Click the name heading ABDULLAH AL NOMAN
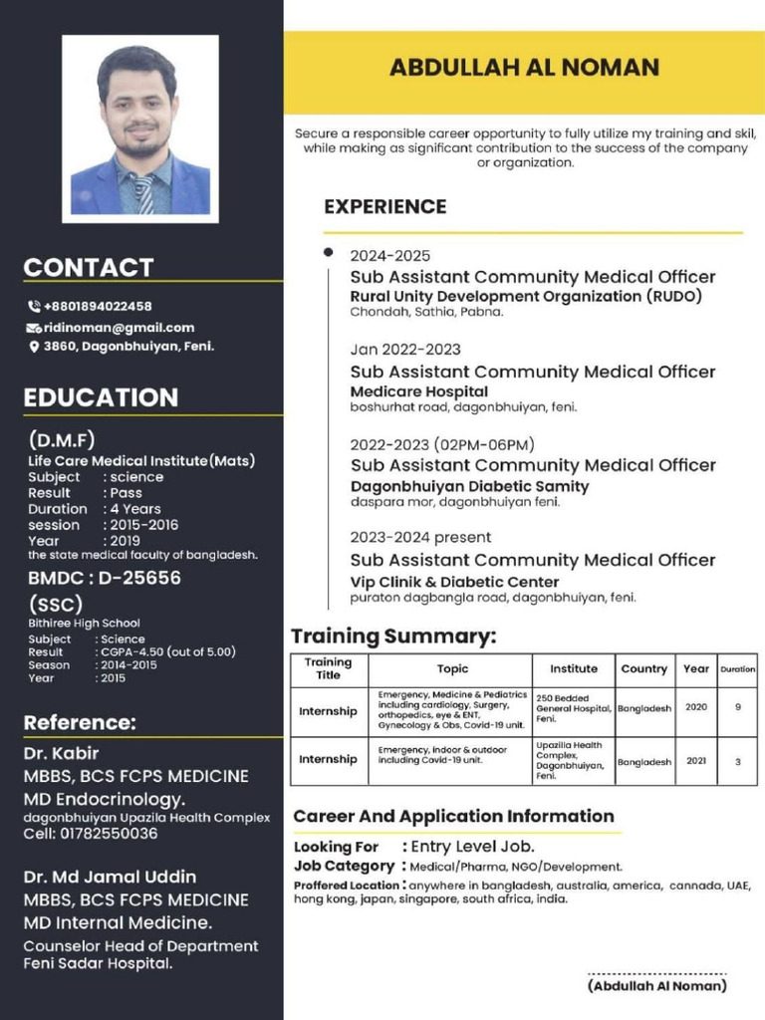click(524, 68)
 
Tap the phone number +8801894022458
click(97, 306)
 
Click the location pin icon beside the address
click(33, 347)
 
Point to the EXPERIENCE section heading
click(384, 207)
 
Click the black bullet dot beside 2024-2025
click(328, 253)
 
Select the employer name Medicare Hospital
click(418, 391)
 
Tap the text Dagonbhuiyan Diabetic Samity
click(469, 486)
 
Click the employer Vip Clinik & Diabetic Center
click(454, 582)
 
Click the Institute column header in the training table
click(574, 668)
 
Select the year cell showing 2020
click(696, 707)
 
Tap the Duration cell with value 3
click(738, 761)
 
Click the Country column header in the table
click(643, 668)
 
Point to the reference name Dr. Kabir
click(61, 753)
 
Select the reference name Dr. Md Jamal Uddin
click(110, 877)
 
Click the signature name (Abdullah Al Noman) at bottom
click(656, 986)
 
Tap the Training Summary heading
click(392, 637)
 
